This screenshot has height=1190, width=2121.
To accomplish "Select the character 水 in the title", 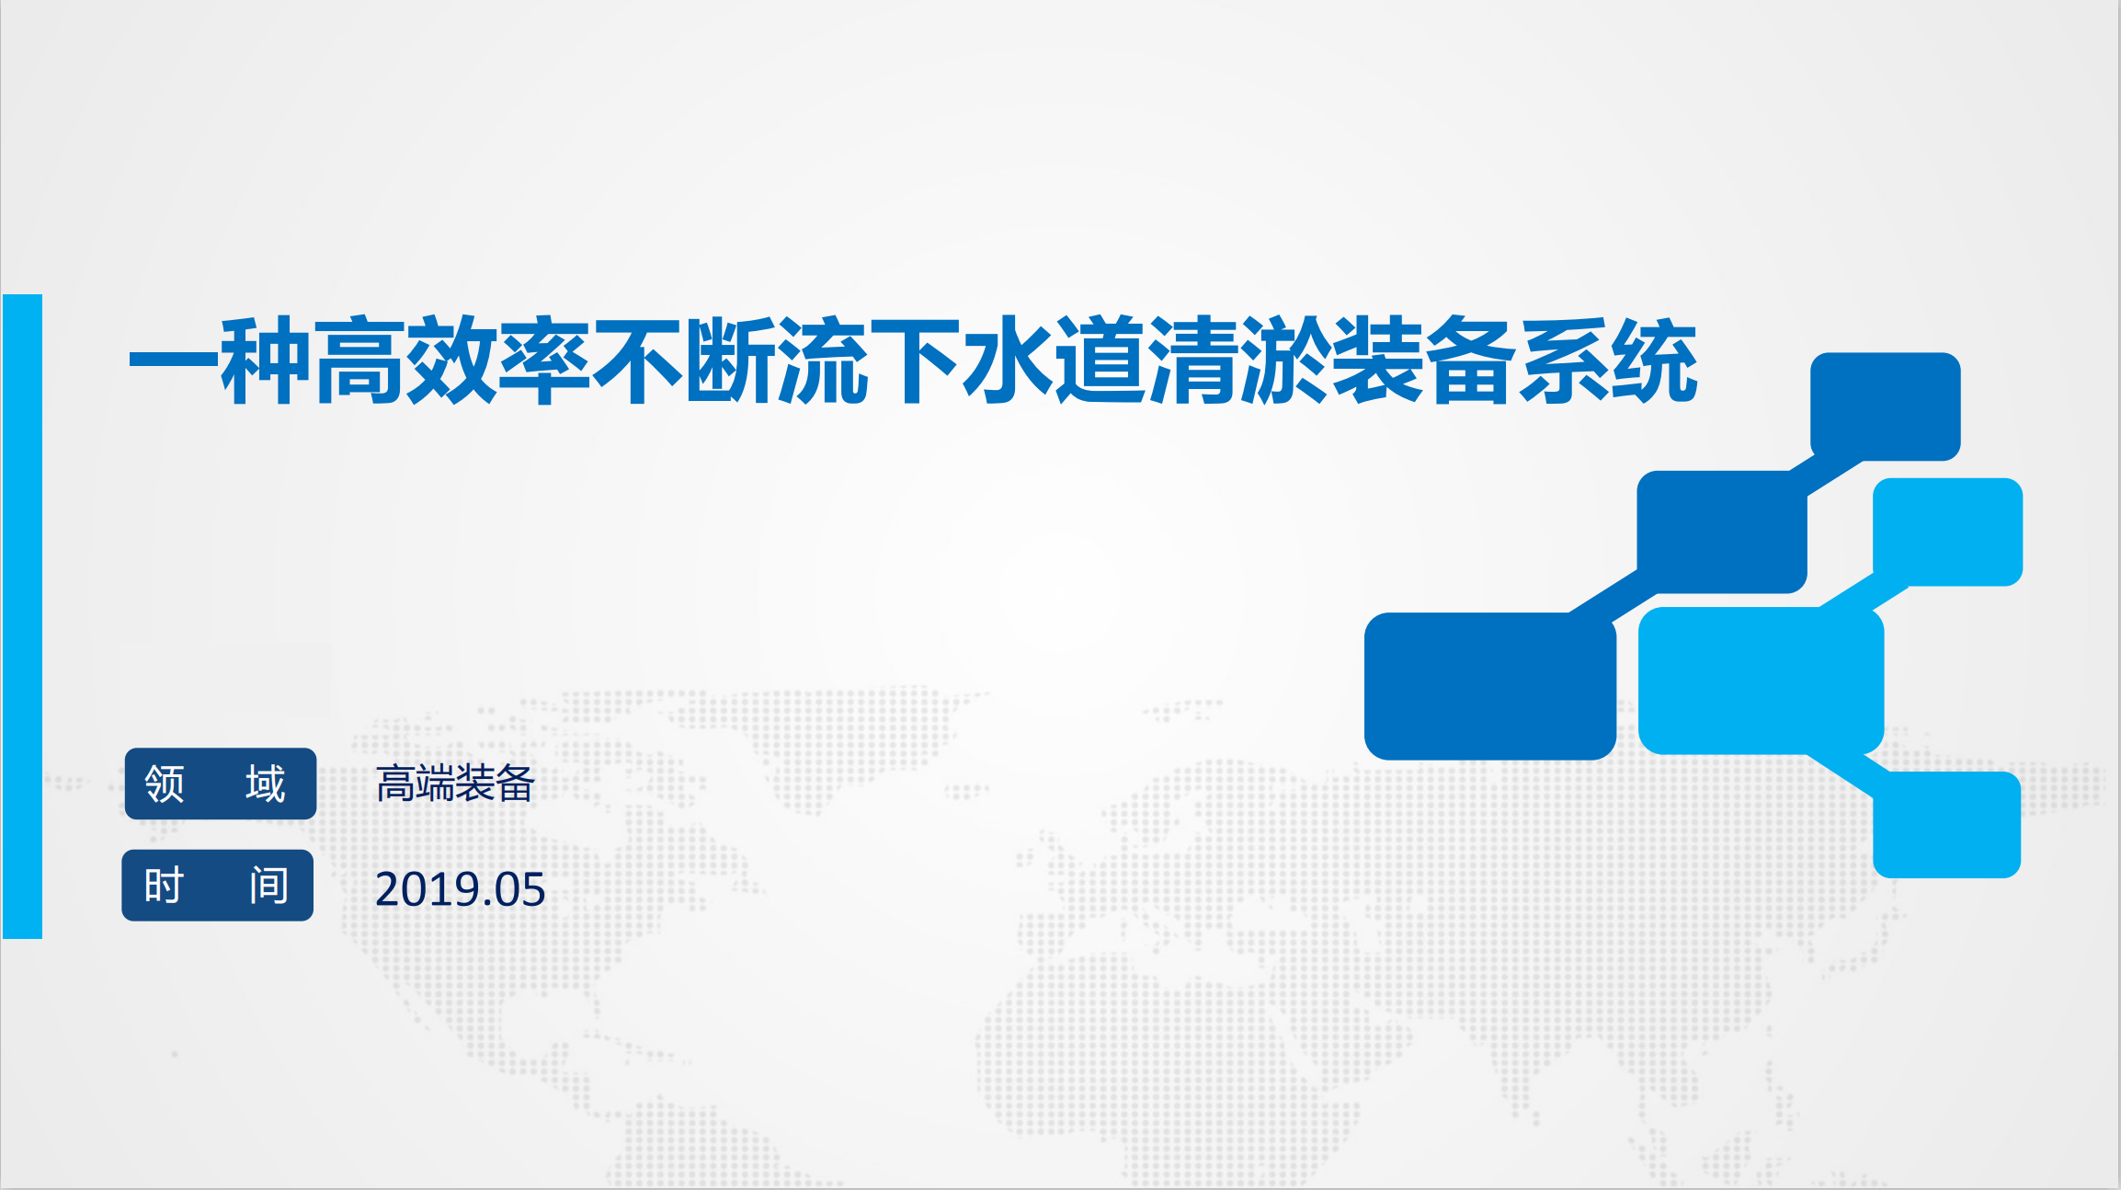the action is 1008,360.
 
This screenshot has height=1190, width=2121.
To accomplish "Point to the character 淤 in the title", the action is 1285,360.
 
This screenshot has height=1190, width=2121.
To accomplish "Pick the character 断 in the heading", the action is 729,360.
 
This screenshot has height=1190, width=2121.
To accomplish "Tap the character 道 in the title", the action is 1100,360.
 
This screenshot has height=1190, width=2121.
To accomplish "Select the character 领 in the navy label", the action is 165,784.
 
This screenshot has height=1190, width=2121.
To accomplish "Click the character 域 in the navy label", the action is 266,784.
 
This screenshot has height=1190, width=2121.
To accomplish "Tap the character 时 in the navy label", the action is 164,886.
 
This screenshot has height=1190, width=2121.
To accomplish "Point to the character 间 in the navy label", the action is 268,886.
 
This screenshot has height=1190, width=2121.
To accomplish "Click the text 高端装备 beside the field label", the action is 455,784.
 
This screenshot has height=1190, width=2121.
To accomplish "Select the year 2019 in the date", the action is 428,889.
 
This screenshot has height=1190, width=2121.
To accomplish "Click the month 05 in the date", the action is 520,889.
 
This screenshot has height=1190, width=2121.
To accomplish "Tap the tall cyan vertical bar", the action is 22,616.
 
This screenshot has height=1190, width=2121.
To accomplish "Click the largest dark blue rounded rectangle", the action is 1490,686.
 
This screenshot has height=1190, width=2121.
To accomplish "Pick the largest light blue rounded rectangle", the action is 1762,681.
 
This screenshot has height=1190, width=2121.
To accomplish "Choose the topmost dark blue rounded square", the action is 1886,406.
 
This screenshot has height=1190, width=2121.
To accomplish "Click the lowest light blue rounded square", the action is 1947,825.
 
